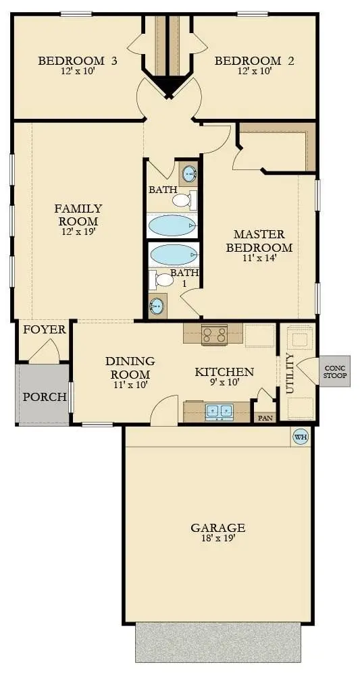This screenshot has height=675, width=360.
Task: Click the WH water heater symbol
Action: [x=300, y=437]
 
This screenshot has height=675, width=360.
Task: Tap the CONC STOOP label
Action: [x=335, y=373]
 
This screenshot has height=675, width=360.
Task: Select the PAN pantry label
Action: [x=264, y=418]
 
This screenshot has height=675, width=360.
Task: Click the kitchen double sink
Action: [x=219, y=410]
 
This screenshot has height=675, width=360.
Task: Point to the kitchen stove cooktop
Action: [x=213, y=332]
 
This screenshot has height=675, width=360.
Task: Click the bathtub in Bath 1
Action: [x=174, y=255]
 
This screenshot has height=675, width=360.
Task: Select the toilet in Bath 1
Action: [x=163, y=279]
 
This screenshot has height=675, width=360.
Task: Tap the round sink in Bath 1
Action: [x=157, y=306]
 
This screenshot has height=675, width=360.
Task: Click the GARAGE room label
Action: [x=217, y=528]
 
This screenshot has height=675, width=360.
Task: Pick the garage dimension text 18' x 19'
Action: [x=217, y=539]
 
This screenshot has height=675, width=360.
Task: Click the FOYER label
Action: [x=45, y=330]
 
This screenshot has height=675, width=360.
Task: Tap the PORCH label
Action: [x=45, y=397]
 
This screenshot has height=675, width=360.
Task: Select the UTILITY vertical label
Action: [x=290, y=373]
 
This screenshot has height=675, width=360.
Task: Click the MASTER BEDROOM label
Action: [x=263, y=241]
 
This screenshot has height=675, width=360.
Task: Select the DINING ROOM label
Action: [x=130, y=368]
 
